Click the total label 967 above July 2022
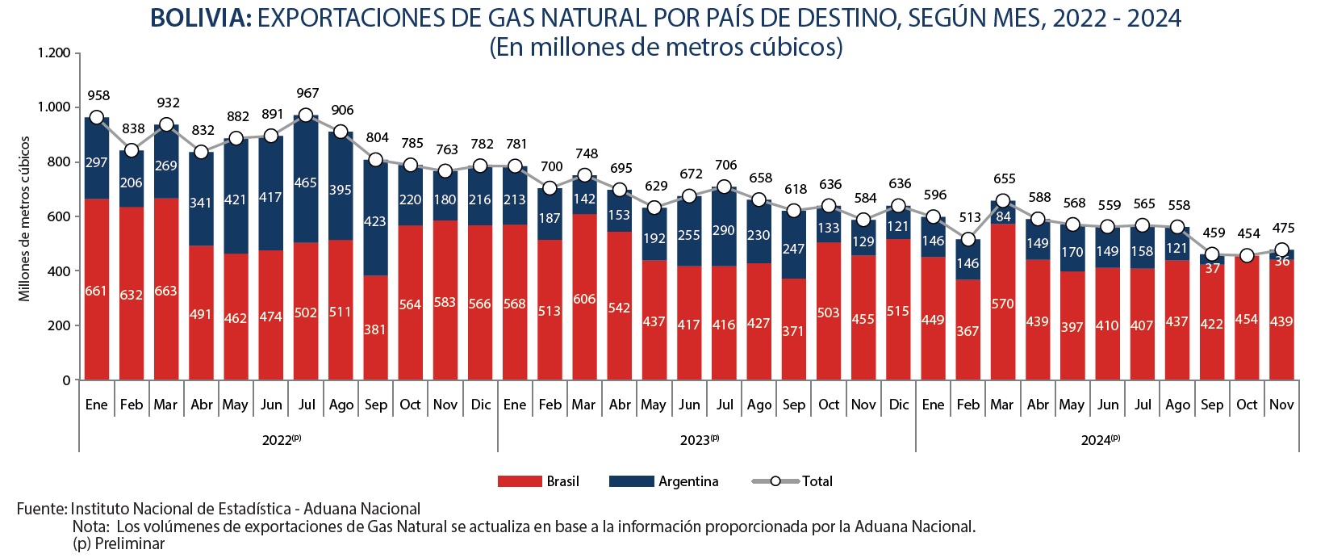tap(307, 93)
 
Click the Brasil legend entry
tap(538, 481)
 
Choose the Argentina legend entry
tap(663, 481)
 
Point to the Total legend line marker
tap(775, 481)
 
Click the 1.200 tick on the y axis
tap(54, 53)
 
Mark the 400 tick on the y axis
tap(59, 271)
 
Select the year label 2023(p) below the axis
tap(699, 440)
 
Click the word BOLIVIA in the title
tap(201, 18)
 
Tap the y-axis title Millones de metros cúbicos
tap(25, 218)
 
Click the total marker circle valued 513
tap(968, 239)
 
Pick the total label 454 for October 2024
tap(1248, 233)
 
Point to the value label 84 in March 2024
tap(1003, 216)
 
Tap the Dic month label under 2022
tap(481, 405)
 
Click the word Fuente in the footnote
tap(40, 509)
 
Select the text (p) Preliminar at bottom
tap(119, 544)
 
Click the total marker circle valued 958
tap(97, 118)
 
